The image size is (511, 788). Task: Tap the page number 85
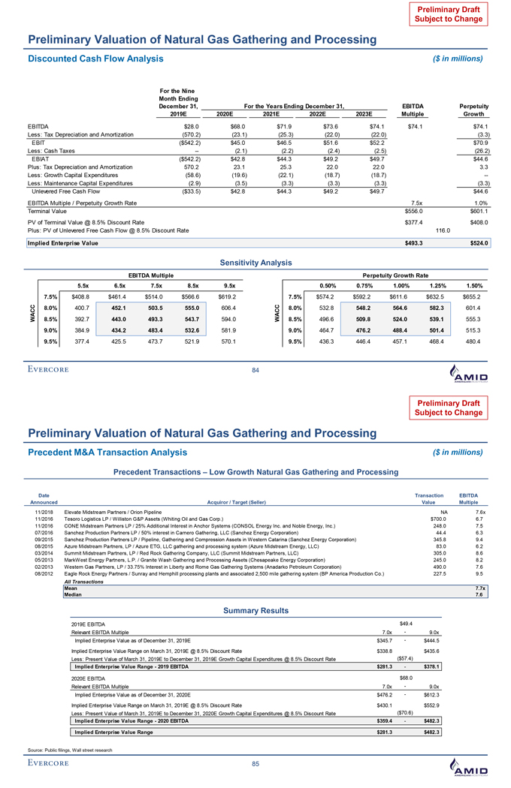[x=255, y=764]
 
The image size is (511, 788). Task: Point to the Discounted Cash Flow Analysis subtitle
[x=95, y=58]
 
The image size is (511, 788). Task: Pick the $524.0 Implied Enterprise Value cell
[x=478, y=242]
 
